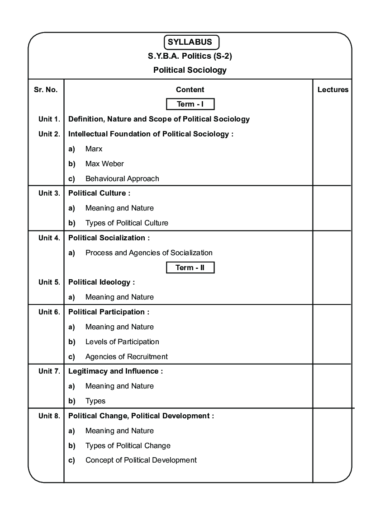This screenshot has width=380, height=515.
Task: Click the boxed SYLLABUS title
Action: coord(190,42)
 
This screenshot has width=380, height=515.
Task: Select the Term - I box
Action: coord(190,104)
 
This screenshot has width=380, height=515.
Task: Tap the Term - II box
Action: coord(190,268)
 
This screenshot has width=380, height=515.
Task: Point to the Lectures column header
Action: coord(333,90)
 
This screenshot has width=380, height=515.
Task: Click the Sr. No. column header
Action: coord(46,90)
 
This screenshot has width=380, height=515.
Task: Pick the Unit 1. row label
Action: coord(49,119)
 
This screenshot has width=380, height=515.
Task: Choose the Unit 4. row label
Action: coord(49,238)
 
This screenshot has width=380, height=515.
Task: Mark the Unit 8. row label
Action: coord(49,416)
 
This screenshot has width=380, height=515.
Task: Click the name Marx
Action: coord(94,149)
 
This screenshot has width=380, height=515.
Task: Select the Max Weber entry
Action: coord(104,164)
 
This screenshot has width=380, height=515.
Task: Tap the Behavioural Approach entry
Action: coord(122,179)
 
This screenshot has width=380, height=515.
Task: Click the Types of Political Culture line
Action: coord(127,223)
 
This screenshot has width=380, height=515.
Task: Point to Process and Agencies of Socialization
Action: coord(149,253)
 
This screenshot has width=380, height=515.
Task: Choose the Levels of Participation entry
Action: coord(122,342)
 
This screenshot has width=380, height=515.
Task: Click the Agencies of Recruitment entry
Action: coord(127,357)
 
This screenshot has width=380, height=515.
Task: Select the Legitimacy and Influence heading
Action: coord(115,371)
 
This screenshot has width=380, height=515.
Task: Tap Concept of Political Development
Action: coord(141,460)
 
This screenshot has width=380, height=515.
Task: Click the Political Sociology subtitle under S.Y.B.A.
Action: coord(190,70)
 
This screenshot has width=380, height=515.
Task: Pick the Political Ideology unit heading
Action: coord(101,282)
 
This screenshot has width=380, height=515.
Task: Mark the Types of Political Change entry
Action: coord(128,446)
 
